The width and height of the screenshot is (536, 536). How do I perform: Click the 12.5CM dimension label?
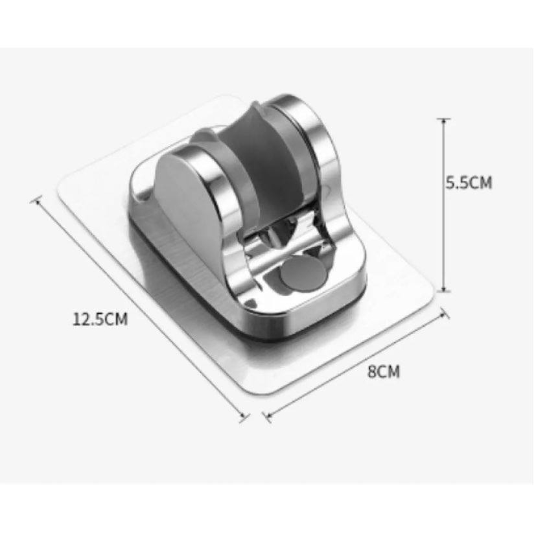coord(100,319)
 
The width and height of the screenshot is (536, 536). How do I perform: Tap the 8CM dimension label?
coord(384,371)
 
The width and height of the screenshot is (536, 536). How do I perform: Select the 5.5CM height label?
coord(469,183)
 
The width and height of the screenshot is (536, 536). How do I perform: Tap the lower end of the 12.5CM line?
coord(244,416)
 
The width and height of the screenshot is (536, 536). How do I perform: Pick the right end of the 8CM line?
coord(445,313)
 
